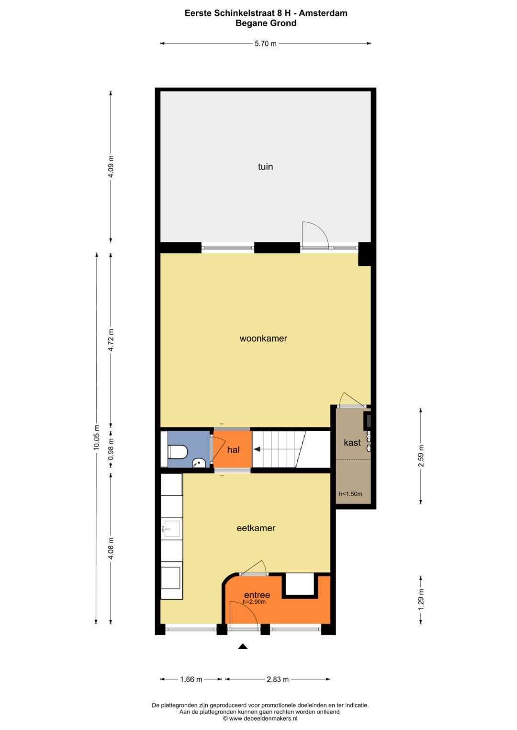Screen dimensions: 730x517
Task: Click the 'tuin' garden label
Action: click(x=265, y=167)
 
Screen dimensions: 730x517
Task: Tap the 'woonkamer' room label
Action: click(x=263, y=338)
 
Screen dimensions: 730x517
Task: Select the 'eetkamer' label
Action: click(x=256, y=528)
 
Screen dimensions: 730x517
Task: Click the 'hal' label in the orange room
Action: click(x=233, y=450)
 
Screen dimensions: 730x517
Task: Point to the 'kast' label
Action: click(x=352, y=443)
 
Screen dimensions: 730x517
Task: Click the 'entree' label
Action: click(x=257, y=595)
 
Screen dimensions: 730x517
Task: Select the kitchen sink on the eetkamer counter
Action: click(x=171, y=529)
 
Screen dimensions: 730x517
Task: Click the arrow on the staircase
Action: click(x=257, y=449)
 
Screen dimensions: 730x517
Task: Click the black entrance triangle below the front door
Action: click(x=243, y=647)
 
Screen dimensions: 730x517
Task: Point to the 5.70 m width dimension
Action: click(x=265, y=44)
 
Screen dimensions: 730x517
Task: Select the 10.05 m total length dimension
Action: click(x=96, y=437)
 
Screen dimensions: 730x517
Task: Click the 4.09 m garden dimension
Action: click(x=111, y=166)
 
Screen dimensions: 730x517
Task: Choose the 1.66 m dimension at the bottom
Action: click(x=191, y=679)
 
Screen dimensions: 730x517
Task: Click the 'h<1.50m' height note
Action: click(x=350, y=494)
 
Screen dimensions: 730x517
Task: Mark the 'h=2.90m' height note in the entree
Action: click(x=254, y=602)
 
